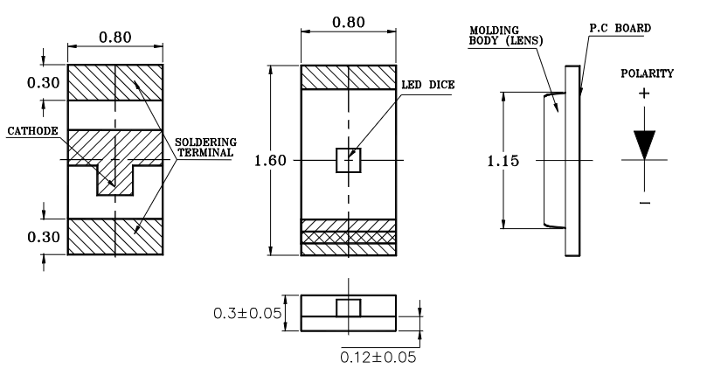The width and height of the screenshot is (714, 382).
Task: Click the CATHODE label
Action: click(31, 131)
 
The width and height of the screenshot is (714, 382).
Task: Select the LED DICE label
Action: click(428, 85)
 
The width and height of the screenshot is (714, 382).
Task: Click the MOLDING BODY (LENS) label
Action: click(503, 36)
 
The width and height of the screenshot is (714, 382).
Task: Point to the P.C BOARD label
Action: click(620, 29)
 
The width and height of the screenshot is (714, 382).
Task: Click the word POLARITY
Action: click(647, 73)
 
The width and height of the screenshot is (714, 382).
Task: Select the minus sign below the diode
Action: click(645, 204)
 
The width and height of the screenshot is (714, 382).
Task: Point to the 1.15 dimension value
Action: click(497, 161)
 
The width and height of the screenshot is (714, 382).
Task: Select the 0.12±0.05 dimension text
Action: click(378, 357)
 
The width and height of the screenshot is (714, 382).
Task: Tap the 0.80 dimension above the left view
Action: click(115, 38)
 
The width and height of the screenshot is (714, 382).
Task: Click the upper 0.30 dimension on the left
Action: click(19, 83)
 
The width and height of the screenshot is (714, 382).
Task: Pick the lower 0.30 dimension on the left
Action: click(19, 237)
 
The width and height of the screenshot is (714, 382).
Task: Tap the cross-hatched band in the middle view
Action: click(349, 236)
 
